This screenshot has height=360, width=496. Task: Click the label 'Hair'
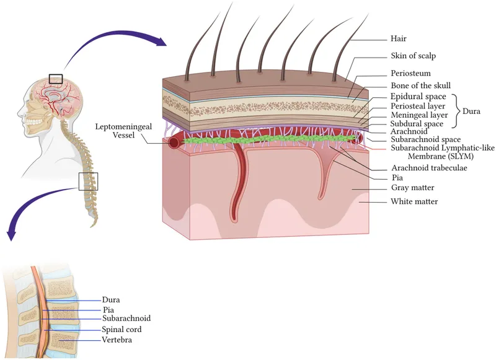pyautogui.click(x=400, y=37)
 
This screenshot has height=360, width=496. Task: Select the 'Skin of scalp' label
pyautogui.click(x=414, y=56)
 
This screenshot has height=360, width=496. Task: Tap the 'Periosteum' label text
pyautogui.click(x=410, y=73)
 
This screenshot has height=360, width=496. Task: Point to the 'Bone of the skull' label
pyautogui.click(x=420, y=85)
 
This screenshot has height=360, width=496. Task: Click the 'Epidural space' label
pyautogui.click(x=418, y=97)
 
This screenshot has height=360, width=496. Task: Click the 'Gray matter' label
pyautogui.click(x=412, y=188)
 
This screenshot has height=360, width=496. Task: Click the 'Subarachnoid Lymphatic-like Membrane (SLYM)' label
pyautogui.click(x=434, y=152)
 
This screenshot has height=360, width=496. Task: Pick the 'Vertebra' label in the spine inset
pyautogui.click(x=117, y=340)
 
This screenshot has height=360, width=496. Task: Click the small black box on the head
pyautogui.click(x=56, y=79)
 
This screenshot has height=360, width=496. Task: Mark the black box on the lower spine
pyautogui.click(x=88, y=181)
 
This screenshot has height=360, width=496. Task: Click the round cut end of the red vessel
pyautogui.click(x=174, y=143)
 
